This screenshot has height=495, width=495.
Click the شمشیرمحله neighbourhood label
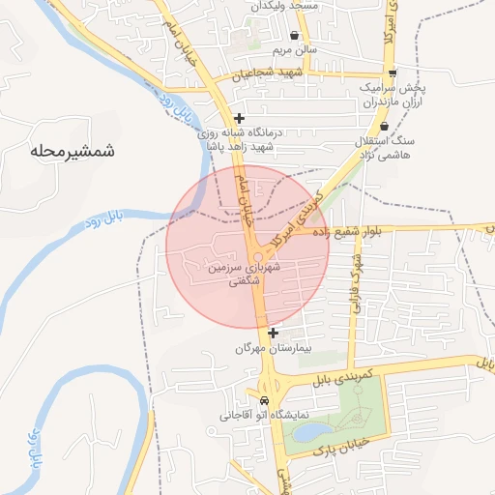pos(73,151)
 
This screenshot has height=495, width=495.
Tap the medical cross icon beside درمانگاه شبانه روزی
pos(239,119)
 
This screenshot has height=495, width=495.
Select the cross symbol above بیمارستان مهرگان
pos(273,332)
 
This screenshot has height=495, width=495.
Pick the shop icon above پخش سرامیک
pos(392,73)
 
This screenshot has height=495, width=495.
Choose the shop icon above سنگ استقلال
pos(385,126)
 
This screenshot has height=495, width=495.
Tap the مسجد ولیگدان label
pos(285,6)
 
